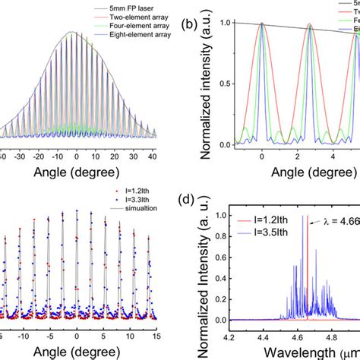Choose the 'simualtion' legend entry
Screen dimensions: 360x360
click(x=114, y=214)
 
